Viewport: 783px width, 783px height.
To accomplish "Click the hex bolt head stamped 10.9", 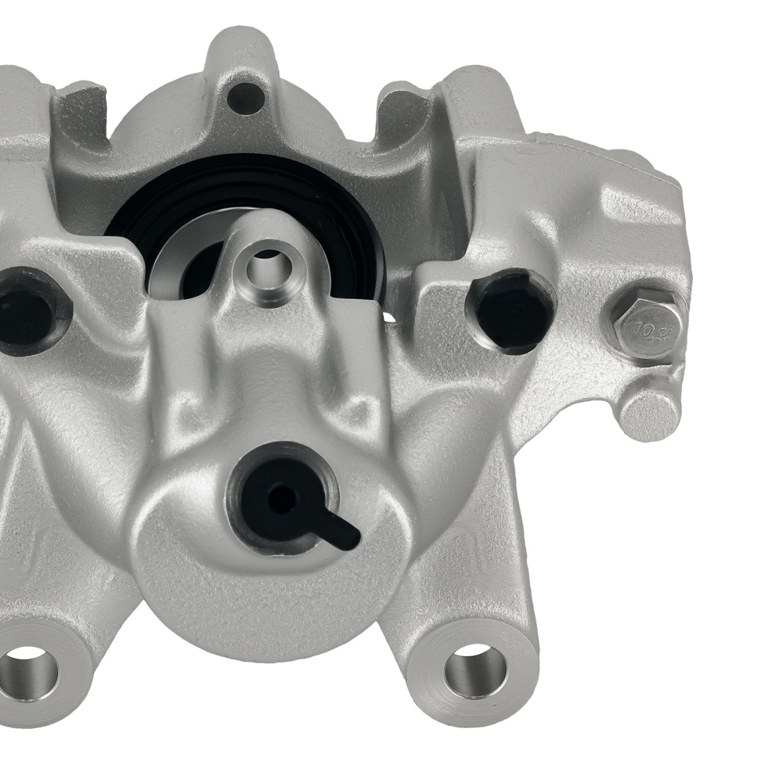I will pos(644,323).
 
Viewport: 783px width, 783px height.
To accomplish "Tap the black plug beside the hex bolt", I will pos(510,309).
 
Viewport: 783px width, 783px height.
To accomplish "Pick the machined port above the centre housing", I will pos(268,266).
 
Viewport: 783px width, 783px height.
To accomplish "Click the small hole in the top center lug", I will pos(245,98).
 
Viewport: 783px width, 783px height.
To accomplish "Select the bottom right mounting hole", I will pos(474,669).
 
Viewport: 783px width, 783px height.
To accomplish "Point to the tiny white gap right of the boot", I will pos(388,317).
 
